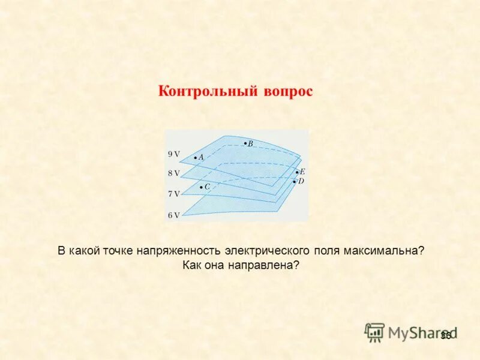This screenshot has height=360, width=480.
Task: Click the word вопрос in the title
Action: pyautogui.click(x=287, y=92)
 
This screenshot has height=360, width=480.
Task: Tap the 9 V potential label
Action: pyautogui.click(x=173, y=154)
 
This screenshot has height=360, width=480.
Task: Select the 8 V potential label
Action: pyautogui.click(x=173, y=173)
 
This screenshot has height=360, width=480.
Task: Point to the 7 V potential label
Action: pyautogui.click(x=173, y=194)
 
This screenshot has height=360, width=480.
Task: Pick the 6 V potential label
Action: pyautogui.click(x=173, y=215)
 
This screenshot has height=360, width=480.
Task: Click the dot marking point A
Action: pyautogui.click(x=196, y=157)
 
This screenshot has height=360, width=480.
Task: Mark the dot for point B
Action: pyautogui.click(x=245, y=143)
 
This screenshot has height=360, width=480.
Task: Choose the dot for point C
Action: pyautogui.click(x=201, y=187)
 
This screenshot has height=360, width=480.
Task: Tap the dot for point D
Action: pyautogui.click(x=294, y=181)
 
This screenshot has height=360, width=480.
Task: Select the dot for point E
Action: pyautogui.click(x=296, y=172)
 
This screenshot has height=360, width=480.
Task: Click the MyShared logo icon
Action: pyautogui.click(x=374, y=332)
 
